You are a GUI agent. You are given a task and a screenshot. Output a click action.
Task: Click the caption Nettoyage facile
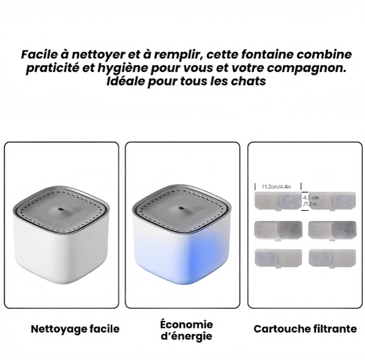[x=75, y=329]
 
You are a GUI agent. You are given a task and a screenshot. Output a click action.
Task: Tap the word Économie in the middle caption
[x=186, y=324]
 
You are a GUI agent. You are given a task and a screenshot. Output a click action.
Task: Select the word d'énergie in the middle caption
[x=186, y=336]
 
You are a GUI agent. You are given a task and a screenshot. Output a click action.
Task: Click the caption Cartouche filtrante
[x=305, y=329]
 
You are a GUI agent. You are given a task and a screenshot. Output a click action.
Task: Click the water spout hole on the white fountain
[x=61, y=209]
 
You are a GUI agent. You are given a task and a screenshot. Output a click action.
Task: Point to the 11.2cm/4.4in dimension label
[x=276, y=187]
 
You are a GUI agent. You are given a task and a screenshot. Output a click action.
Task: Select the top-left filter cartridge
[x=278, y=201]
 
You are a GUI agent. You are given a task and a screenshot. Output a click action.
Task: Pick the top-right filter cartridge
[x=332, y=201]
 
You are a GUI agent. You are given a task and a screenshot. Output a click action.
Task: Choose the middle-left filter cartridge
[x=279, y=231]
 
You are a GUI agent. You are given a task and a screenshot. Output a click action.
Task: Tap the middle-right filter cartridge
[x=332, y=231]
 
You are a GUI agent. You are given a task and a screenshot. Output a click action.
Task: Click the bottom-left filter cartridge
[x=279, y=258]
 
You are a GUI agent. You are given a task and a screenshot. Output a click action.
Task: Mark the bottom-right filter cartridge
[x=332, y=258]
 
